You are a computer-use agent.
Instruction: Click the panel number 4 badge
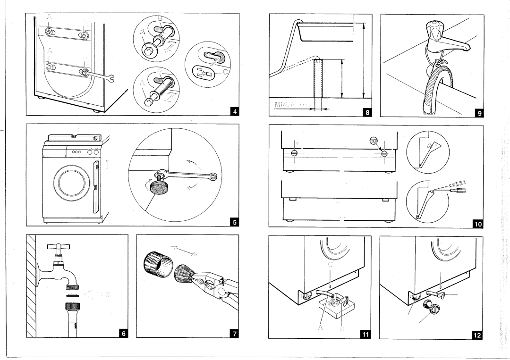[x=234, y=111]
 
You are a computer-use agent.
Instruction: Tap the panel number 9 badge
[x=479, y=112]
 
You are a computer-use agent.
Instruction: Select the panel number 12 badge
[x=478, y=335]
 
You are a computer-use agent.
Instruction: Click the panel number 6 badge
[x=123, y=333]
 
